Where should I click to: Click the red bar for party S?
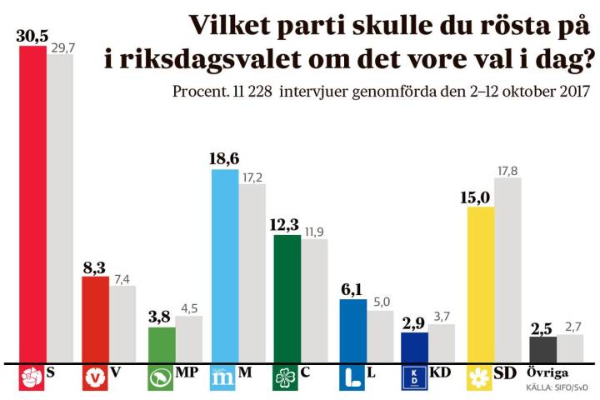32,204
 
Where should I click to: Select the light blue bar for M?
225,266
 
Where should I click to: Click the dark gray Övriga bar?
542,349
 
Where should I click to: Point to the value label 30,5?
32,35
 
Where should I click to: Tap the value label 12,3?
287,224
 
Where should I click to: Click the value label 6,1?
352,288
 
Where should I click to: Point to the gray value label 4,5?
189,306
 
